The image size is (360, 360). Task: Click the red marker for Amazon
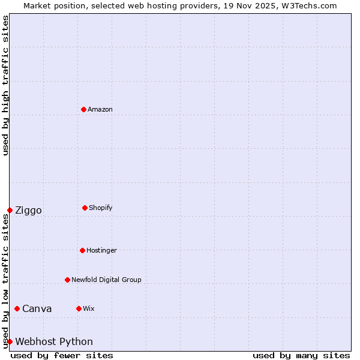pos(83,109)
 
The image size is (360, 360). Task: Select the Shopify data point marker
pos(85,208)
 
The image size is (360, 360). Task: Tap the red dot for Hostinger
pos(82,250)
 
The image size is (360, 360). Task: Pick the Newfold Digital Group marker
pos(67,280)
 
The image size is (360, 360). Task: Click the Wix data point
pos(79,308)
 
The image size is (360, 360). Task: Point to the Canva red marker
pos(17,308)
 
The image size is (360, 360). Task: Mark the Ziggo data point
pos(10,210)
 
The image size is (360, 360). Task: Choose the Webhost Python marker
pos(10,341)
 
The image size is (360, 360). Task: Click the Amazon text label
pos(100,109)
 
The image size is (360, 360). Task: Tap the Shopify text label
pos(101,208)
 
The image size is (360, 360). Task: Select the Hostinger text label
pos(101,250)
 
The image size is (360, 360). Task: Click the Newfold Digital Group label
pos(106,280)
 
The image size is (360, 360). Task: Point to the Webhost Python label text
pos(54,341)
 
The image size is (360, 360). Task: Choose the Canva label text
pos(37,308)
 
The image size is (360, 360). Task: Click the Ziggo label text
pos(28,210)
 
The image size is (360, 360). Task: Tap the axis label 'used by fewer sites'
pos(62,355)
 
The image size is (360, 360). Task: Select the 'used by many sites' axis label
pos(301,355)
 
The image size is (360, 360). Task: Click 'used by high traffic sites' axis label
pos(5,85)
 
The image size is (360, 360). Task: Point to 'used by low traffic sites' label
pos(5,281)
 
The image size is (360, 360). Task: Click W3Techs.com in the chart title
pos(309,5)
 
